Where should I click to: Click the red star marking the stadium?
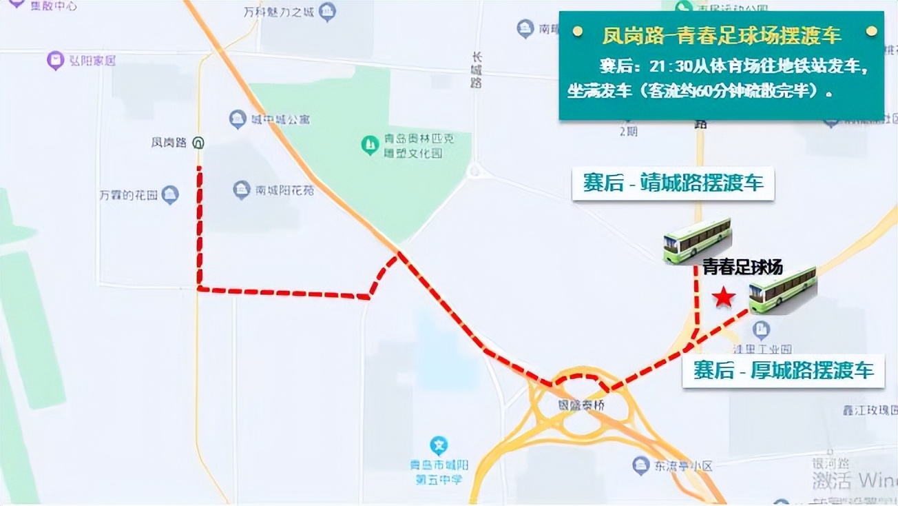[x=723, y=297]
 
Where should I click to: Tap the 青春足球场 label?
[x=742, y=267]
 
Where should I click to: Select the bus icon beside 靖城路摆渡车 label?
[x=697, y=240]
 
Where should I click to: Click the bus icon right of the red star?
[x=782, y=290]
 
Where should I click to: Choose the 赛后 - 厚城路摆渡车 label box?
[x=783, y=370]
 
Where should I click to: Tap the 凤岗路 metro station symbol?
[x=198, y=143]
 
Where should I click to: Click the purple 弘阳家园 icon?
[x=55, y=61]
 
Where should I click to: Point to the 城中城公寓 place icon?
[x=238, y=119]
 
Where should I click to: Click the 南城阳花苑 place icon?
[x=241, y=190]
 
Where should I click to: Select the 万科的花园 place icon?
[x=169, y=195]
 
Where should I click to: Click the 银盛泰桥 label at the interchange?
[x=581, y=405]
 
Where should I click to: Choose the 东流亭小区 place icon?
[x=641, y=465]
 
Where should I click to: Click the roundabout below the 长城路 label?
[x=474, y=171]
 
